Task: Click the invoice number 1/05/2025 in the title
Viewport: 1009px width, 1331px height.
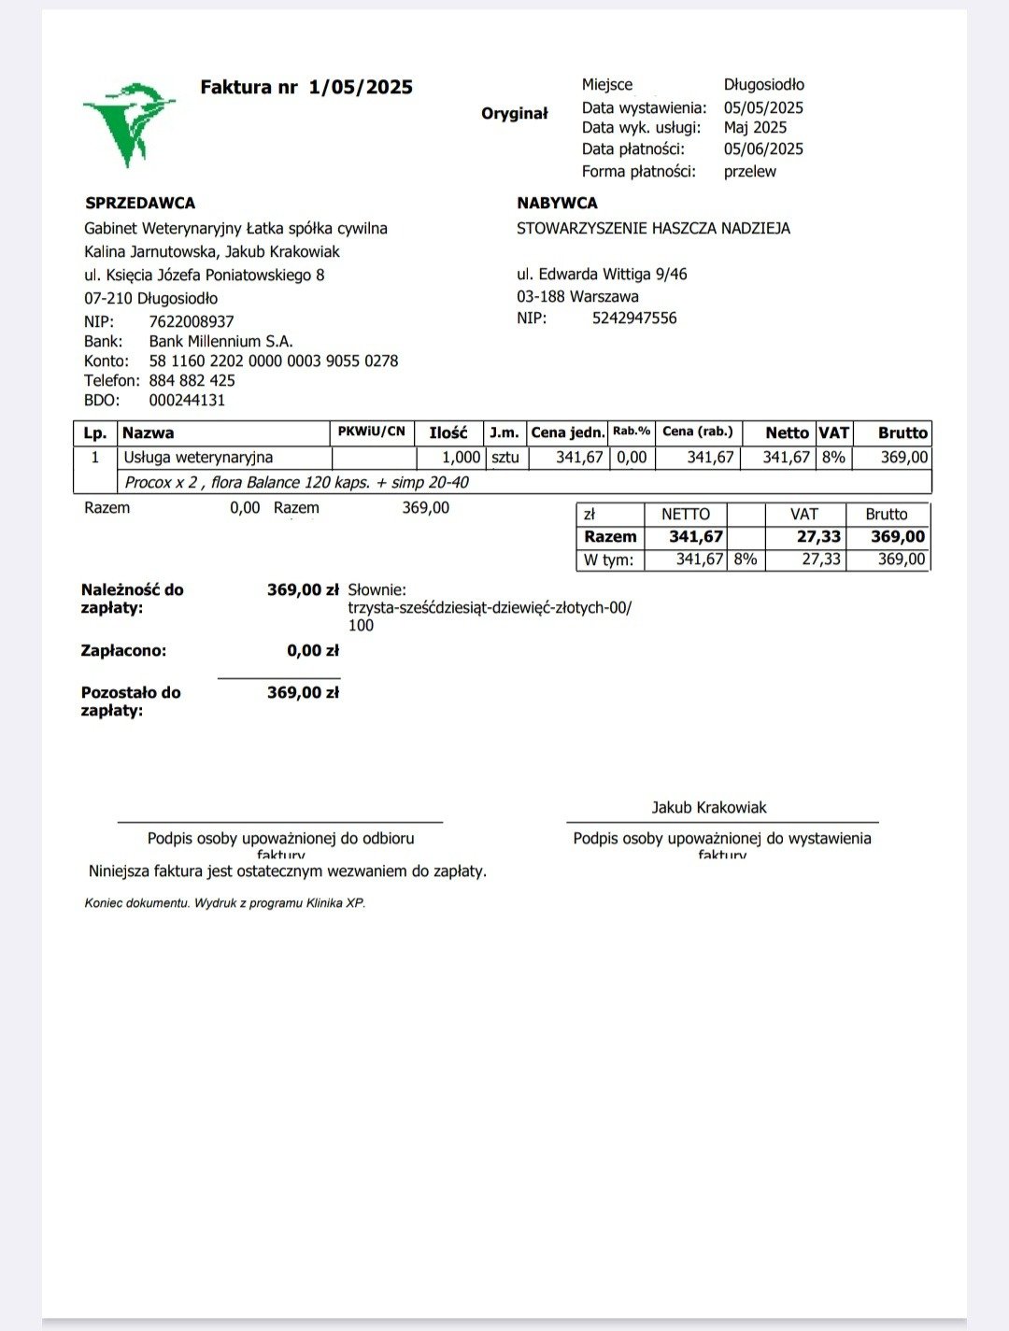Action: pos(361,88)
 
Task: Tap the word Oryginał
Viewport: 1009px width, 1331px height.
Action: pos(514,114)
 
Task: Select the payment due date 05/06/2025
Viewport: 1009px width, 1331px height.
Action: pos(762,149)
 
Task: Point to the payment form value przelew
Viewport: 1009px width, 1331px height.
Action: pos(749,172)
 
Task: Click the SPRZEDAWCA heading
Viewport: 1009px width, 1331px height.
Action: pos(140,204)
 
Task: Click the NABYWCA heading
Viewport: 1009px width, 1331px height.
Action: pos(557,204)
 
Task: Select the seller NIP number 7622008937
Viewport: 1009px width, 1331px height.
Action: pos(192,322)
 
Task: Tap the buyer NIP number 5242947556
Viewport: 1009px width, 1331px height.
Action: pos(634,319)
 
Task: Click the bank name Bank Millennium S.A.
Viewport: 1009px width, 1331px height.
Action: pos(220,342)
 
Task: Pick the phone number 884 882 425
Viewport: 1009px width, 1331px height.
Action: pos(192,381)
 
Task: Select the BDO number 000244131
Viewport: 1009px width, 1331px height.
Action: pos(187,401)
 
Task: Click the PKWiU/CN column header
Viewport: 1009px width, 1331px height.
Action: pos(372,432)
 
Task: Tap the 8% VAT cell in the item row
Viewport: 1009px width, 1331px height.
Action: pos(833,458)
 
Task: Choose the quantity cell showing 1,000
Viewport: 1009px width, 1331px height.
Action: pos(461,458)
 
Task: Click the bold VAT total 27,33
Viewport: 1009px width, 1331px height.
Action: pos(818,537)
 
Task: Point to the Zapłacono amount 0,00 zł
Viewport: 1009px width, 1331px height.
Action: pos(312,651)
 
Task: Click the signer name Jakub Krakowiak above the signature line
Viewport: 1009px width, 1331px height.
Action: pos(709,808)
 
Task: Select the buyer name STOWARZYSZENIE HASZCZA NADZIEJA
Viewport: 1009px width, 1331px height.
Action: pos(653,229)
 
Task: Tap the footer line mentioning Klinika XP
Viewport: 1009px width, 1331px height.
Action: pos(224,903)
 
